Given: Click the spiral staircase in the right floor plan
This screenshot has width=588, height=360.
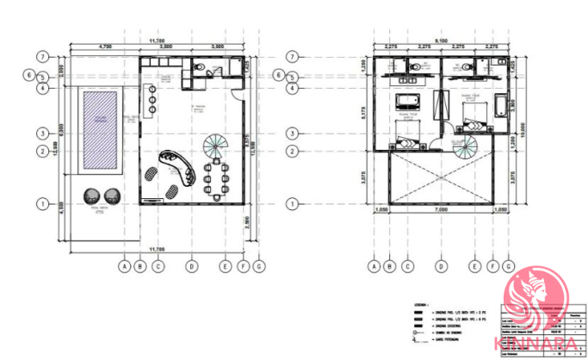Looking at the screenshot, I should click(x=462, y=147).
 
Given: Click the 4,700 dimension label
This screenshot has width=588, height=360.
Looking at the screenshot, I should click(x=105, y=46).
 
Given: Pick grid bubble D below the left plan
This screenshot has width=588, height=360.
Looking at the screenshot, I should click(x=191, y=266).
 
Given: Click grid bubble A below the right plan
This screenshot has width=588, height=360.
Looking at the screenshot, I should click(x=374, y=266).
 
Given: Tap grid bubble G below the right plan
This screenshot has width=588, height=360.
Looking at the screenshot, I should click(x=508, y=266).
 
